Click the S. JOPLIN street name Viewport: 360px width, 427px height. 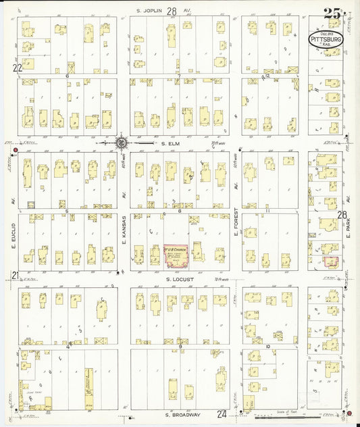[x=150, y=11]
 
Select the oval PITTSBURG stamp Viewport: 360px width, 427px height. [x=326, y=40]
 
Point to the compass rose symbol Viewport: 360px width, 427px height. [x=121, y=143]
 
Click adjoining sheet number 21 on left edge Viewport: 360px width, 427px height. [x=15, y=274]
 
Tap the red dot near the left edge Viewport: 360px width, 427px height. [x=16, y=131]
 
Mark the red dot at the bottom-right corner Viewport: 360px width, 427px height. [x=349, y=413]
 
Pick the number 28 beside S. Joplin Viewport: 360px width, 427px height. [x=172, y=11]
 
